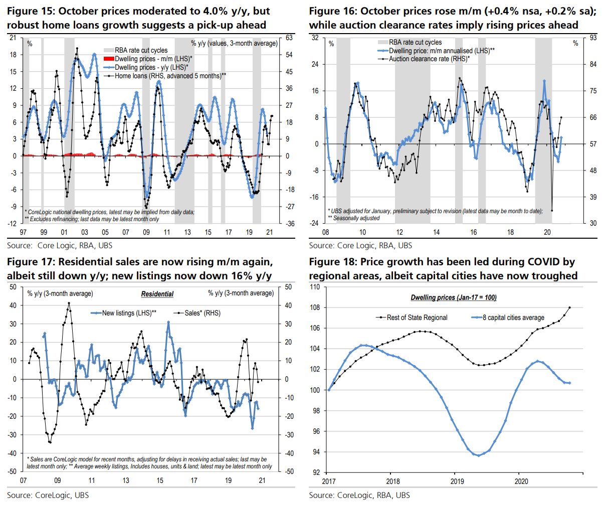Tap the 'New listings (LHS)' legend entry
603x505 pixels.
(x=129, y=313)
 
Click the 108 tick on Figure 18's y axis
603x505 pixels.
(x=316, y=307)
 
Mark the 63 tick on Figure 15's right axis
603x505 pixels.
(x=289, y=38)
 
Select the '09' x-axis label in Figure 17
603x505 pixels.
(x=58, y=479)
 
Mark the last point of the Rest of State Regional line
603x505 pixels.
(x=570, y=307)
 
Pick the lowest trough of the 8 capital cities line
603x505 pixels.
(x=478, y=455)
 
